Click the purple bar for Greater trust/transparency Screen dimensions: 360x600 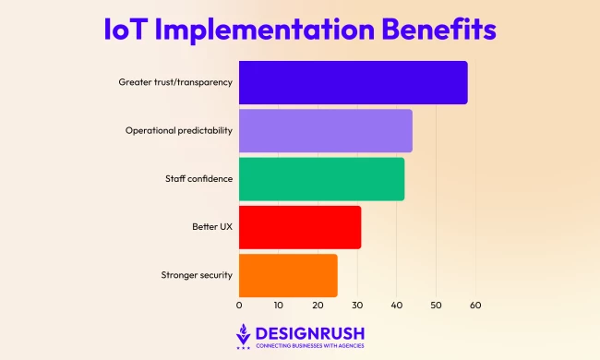[x=353, y=83]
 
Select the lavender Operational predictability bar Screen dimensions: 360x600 [x=325, y=131]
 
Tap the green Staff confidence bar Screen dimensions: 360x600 [x=321, y=179]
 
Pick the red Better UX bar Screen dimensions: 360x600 [x=300, y=227]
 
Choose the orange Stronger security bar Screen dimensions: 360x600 [x=288, y=275]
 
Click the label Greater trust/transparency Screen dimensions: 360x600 [x=175, y=83]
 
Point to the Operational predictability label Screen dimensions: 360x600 [x=179, y=131]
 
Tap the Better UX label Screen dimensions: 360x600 [x=210, y=227]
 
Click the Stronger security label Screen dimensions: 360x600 [x=197, y=275]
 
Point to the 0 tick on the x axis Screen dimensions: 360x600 [x=239, y=305]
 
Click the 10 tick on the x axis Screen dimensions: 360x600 [x=279, y=305]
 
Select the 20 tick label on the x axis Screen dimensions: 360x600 [x=318, y=305]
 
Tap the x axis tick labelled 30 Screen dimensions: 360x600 [x=357, y=305]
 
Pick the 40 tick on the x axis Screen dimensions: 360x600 [x=397, y=305]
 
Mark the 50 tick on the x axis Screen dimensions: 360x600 [x=436, y=305]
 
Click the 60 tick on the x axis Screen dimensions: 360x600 [x=475, y=305]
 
